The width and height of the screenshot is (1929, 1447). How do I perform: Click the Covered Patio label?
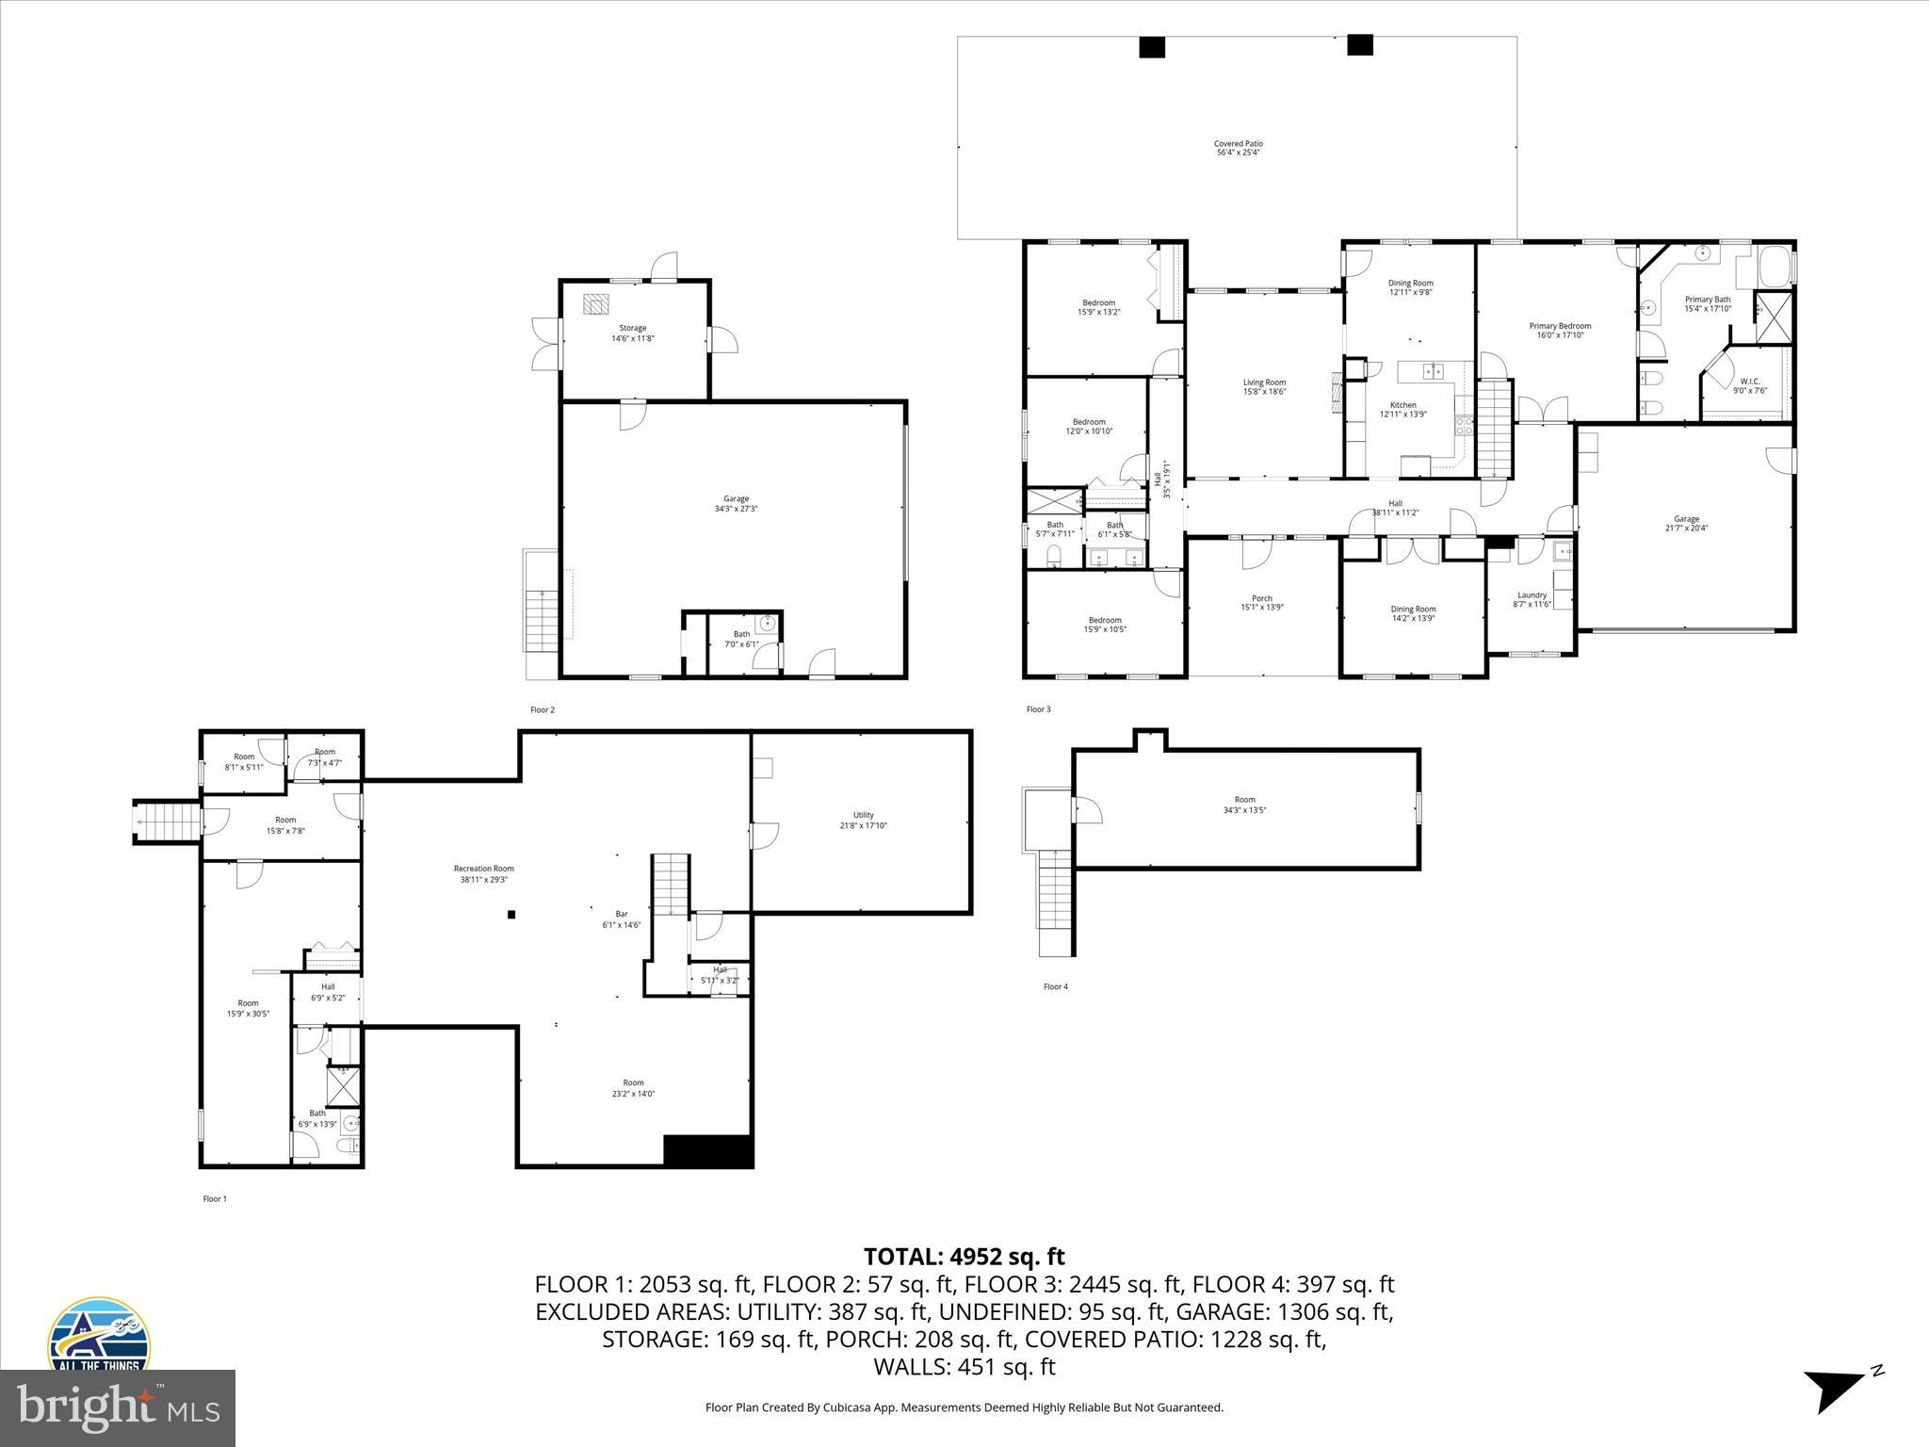pyautogui.click(x=1238, y=148)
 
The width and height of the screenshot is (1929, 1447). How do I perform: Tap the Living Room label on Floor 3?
pyautogui.click(x=1264, y=387)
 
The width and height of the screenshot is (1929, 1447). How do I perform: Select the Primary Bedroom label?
pyautogui.click(x=1559, y=331)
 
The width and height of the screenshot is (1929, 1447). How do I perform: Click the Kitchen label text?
pyautogui.click(x=1402, y=410)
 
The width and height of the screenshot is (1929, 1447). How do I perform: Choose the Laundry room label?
pyautogui.click(x=1532, y=599)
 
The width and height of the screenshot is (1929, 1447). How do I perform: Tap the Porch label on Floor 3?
pyautogui.click(x=1261, y=603)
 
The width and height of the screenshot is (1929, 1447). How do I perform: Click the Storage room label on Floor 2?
pyautogui.click(x=632, y=333)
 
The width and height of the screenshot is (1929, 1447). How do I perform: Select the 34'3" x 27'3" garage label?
pyautogui.click(x=736, y=504)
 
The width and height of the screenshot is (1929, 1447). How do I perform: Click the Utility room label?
pyautogui.click(x=863, y=821)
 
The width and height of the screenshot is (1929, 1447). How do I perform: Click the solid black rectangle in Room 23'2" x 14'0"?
pyautogui.click(x=708, y=1151)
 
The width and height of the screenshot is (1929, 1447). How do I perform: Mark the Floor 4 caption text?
pyautogui.click(x=1055, y=987)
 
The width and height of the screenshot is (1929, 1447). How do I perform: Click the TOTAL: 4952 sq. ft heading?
pyautogui.click(x=964, y=1257)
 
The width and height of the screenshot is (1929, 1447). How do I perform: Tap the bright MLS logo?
pyautogui.click(x=118, y=1407)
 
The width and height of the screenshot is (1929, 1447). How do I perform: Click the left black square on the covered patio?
pyautogui.click(x=1152, y=47)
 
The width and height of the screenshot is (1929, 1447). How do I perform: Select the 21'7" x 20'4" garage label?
pyautogui.click(x=1686, y=524)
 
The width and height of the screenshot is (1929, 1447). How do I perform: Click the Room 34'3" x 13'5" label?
pyautogui.click(x=1244, y=805)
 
